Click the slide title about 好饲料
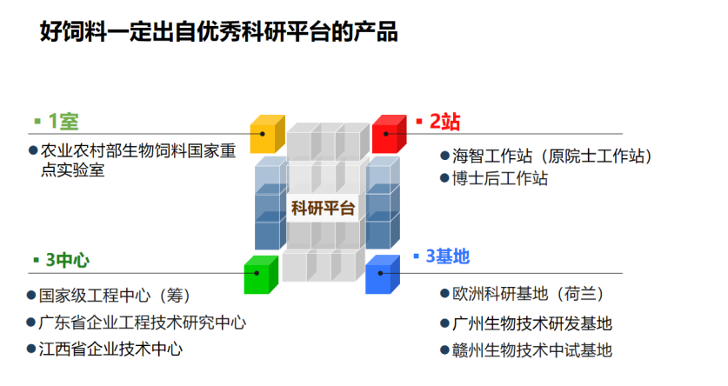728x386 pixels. tap(218, 33)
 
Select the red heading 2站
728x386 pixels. tap(444, 121)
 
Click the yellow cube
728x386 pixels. tap(267, 135)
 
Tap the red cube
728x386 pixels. tap(389, 135)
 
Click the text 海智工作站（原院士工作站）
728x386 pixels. tap(551, 156)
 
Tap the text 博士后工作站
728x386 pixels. tap(500, 179)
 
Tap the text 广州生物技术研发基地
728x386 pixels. tap(532, 323)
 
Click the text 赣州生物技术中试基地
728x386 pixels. tap(532, 350)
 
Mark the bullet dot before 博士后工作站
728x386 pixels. tap(444, 179)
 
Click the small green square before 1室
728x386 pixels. tap(37, 121)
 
